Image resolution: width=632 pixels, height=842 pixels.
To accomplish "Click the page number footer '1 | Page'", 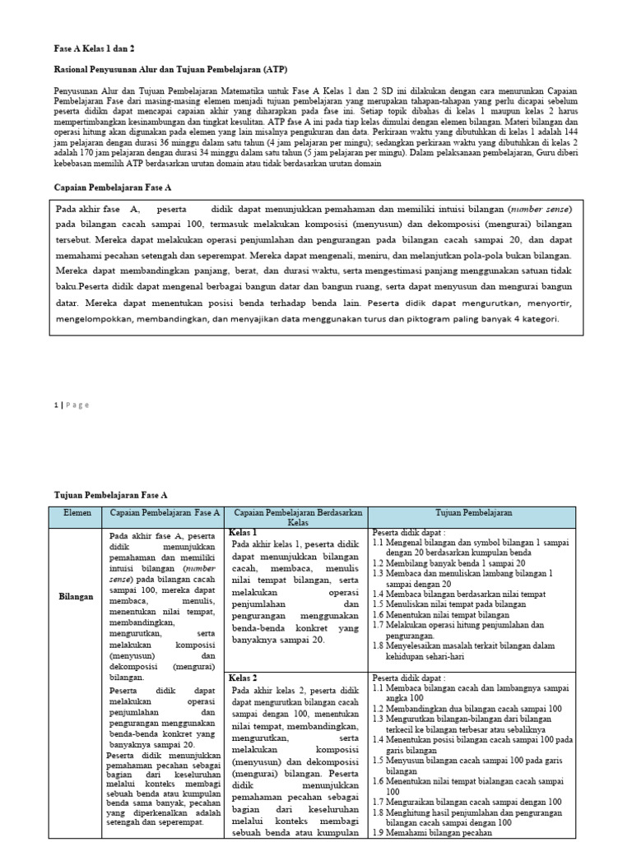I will point(72,405).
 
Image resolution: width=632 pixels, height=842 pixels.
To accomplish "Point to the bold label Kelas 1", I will point(244,533).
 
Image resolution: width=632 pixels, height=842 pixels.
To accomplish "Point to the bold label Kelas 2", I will point(244,678).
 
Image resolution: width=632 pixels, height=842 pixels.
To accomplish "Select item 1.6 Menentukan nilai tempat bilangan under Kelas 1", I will point(440,615).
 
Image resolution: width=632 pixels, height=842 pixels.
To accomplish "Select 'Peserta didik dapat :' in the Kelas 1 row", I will point(408,533).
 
